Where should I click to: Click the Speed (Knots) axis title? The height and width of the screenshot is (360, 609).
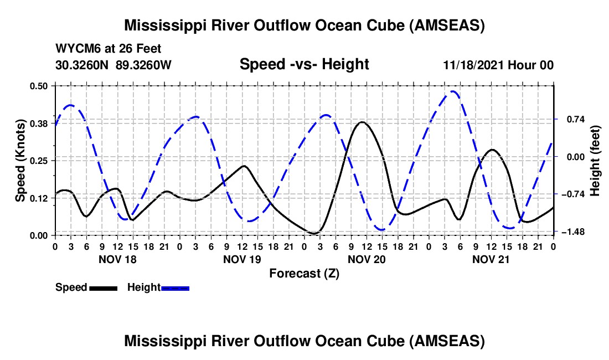point(20,160)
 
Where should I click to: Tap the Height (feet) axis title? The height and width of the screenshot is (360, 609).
point(596,160)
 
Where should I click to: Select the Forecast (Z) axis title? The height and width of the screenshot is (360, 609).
point(304,273)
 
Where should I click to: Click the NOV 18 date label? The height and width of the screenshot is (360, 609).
point(117,259)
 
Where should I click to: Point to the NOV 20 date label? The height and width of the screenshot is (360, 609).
point(366,259)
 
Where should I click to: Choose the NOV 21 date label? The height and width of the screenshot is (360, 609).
point(491,259)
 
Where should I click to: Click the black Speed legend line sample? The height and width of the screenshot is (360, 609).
point(103,287)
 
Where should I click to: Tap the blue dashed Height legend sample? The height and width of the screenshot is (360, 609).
point(175,287)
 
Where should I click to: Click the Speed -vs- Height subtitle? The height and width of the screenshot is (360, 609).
point(304,64)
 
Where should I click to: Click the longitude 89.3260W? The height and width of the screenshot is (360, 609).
point(144,65)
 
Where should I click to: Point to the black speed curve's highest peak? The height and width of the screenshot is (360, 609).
point(362,122)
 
